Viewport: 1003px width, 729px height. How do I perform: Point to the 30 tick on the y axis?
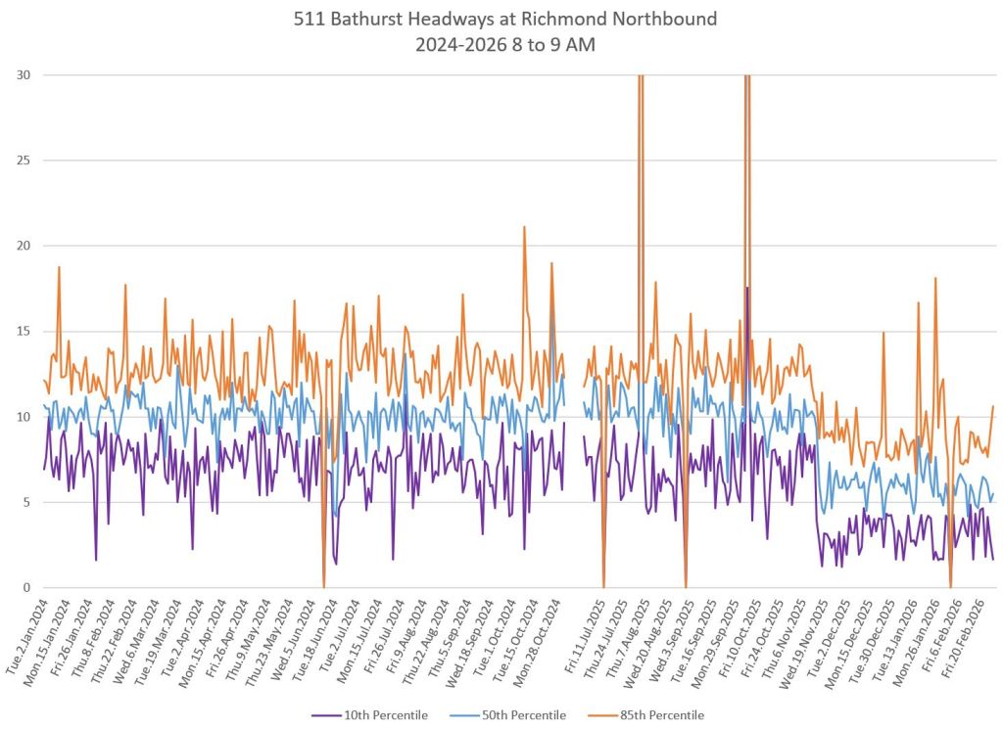click(23, 75)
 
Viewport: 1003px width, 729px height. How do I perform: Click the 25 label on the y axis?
click(23, 160)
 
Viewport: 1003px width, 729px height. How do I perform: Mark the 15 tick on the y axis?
click(23, 332)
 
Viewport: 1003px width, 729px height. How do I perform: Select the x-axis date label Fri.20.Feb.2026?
click(970, 633)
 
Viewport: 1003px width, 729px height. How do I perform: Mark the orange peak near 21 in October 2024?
click(524, 227)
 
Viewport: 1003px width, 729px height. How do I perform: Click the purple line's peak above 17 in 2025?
click(746, 288)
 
